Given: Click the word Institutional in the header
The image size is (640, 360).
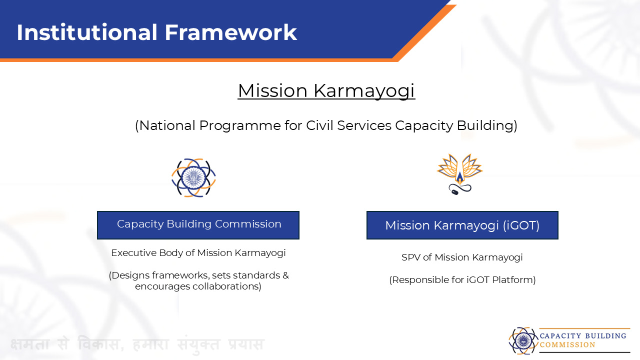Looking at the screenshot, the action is (x=87, y=32).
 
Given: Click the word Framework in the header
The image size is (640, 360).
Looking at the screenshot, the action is (x=231, y=32).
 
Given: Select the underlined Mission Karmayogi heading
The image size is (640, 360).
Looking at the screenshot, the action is (x=326, y=91).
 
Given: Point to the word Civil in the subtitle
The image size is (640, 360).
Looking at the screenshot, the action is (x=319, y=125).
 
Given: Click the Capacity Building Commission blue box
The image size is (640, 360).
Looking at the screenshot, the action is (x=198, y=225).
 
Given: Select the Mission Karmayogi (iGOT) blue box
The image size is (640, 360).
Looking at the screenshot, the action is (x=462, y=225).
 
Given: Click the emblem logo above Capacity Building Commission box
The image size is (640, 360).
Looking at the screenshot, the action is (x=193, y=177).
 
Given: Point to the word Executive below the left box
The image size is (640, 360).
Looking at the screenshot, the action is (x=133, y=253).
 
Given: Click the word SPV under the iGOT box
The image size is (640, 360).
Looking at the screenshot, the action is (x=411, y=257).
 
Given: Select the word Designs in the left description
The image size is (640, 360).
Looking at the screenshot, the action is (x=129, y=275).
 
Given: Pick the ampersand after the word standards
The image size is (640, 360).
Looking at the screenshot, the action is (x=285, y=275).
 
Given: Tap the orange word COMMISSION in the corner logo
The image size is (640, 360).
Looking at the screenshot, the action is (x=567, y=345).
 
